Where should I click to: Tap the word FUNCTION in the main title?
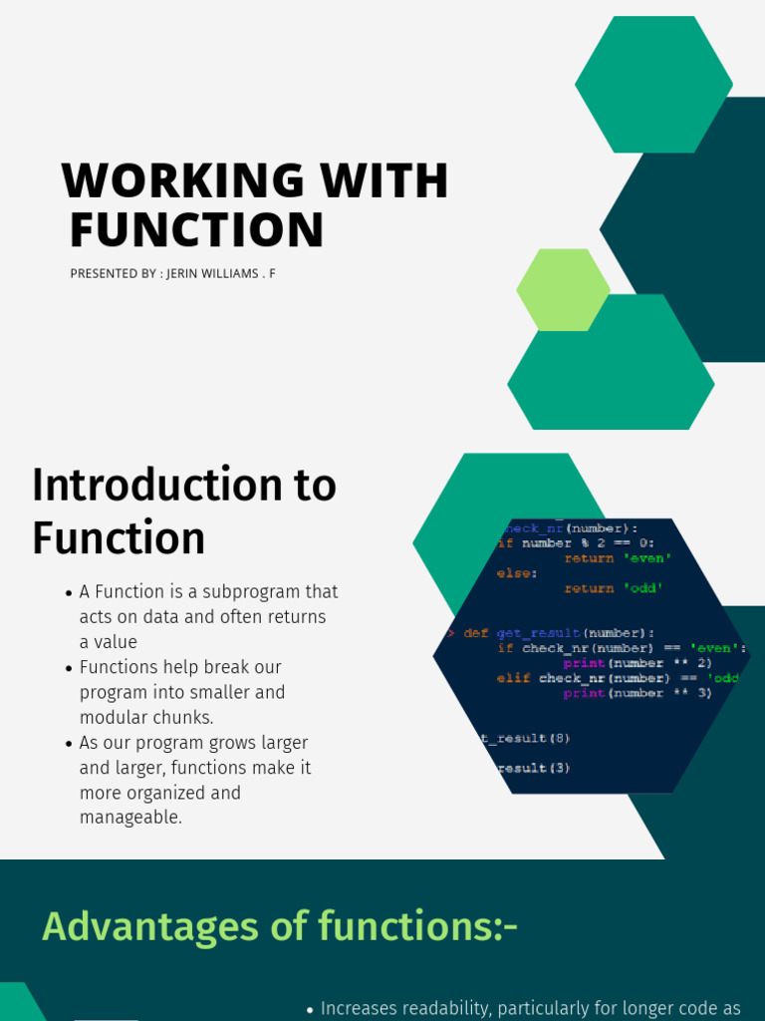[197, 230]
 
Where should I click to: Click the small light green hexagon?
[563, 290]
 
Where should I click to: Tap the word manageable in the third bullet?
[129, 818]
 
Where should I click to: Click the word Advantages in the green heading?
[149, 927]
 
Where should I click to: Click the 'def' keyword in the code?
[475, 633]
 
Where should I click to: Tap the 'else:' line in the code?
[517, 573]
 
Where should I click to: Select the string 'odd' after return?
[642, 588]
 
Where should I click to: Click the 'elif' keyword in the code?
[513, 678]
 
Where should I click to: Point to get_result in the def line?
[538, 633]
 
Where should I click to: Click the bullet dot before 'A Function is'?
[69, 593]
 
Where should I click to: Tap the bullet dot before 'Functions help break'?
[69, 668]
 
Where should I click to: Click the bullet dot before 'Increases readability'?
[310, 1010]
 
